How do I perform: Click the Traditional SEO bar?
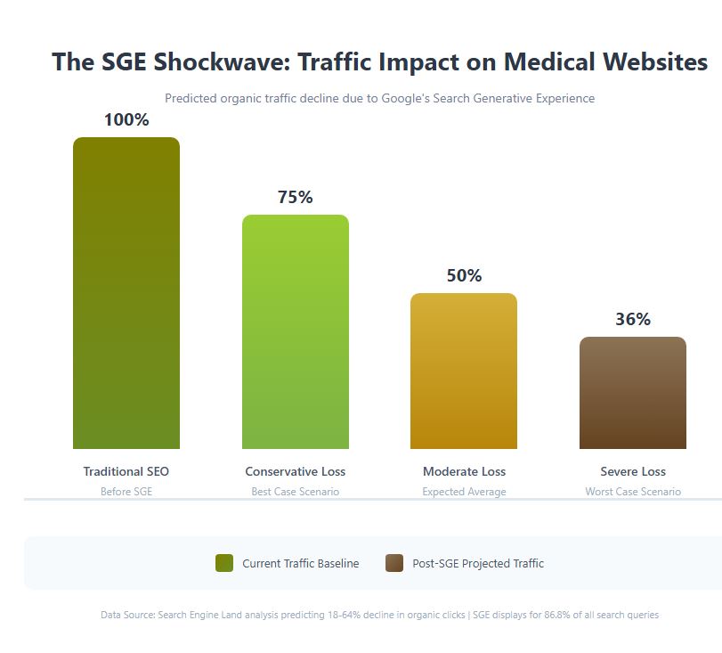point(126,293)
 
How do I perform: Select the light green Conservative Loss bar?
point(296,331)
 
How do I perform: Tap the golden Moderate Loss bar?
point(464,371)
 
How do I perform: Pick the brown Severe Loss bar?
point(633,393)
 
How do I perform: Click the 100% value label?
point(126,119)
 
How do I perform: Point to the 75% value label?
point(296,197)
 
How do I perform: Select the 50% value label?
point(464,275)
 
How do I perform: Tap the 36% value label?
point(633,319)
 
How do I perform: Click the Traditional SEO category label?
point(126,471)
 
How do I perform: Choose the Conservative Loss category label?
point(296,471)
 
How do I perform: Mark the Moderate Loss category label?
point(464,471)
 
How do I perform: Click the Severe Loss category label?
point(633,471)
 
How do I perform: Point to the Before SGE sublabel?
point(126,492)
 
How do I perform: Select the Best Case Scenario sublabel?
point(296,492)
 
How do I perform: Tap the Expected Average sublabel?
point(464,492)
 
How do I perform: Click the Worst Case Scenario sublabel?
point(633,492)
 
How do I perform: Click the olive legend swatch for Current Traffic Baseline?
point(224,563)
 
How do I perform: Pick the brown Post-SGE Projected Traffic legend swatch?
point(394,563)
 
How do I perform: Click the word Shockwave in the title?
point(234,62)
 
